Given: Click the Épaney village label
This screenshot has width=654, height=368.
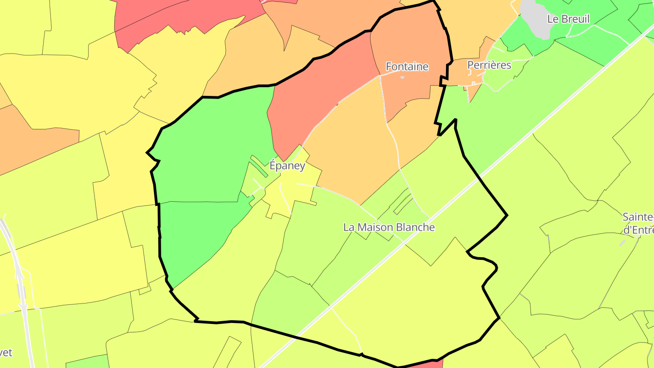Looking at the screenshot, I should click(x=287, y=166).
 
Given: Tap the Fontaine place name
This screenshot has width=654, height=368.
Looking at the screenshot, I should click(x=407, y=67).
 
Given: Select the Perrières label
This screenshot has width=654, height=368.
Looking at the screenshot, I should click(x=489, y=65).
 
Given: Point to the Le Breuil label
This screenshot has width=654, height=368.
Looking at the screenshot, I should click(x=568, y=19).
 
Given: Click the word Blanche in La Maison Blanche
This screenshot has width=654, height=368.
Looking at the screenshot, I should click(x=416, y=227).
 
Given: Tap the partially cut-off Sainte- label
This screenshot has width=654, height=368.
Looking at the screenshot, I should click(x=638, y=217).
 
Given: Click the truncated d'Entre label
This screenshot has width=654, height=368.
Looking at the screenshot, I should click(x=638, y=230).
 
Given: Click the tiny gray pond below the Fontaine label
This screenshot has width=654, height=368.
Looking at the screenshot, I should click(x=402, y=77).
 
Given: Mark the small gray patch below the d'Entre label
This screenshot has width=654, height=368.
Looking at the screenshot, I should click(x=622, y=244).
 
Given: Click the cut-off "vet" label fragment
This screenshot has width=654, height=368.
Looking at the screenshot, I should click(x=6, y=353).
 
